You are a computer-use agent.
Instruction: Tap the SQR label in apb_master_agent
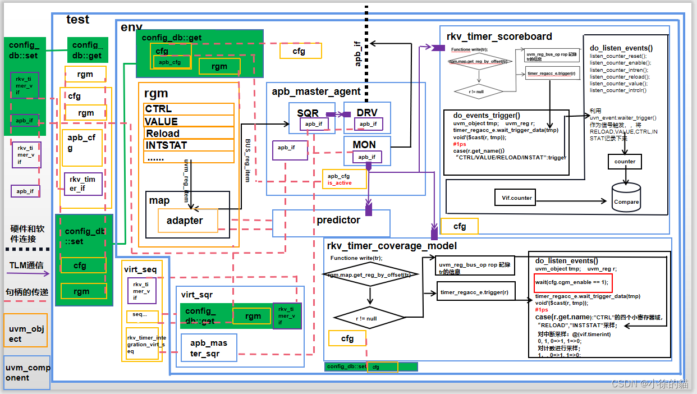(308, 113)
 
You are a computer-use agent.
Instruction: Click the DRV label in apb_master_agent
(367, 113)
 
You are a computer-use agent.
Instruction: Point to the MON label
(364, 145)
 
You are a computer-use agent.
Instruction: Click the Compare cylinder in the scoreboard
(626, 198)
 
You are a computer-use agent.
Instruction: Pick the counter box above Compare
(625, 162)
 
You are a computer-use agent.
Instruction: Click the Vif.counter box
(516, 198)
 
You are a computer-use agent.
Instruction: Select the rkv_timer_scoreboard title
(499, 36)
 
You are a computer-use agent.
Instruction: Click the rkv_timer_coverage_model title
(392, 246)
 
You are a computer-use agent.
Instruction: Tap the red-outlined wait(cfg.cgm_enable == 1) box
(571, 282)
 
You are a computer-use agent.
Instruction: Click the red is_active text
(340, 183)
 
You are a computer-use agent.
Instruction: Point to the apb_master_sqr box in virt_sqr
(209, 348)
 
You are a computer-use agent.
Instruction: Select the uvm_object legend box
(25, 331)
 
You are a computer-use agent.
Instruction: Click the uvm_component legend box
(27, 373)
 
